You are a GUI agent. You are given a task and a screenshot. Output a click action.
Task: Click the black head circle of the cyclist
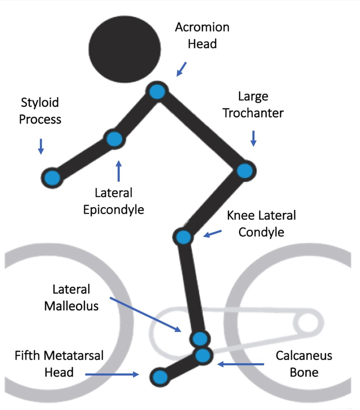pos(125,49)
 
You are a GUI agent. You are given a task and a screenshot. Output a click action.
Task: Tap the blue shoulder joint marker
pos(157,92)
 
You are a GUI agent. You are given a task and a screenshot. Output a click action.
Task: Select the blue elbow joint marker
pos(114,139)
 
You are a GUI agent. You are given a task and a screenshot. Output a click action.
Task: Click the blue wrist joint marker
pos(52,177)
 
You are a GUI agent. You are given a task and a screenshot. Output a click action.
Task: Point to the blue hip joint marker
pos(245,170)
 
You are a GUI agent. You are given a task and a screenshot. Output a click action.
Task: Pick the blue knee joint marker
pos(183,237)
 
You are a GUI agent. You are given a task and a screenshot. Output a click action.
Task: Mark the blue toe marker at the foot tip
pos(160,377)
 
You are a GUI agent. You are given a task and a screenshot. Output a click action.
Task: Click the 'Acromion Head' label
pos(202,35)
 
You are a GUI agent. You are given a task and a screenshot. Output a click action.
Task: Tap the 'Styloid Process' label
pos(40,111)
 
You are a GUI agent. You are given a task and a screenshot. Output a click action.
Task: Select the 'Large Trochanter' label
pos(253,104)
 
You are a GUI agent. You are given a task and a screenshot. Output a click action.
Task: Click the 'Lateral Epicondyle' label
pos(114,201)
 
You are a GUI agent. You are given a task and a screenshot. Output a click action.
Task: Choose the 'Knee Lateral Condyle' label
pos(261,224)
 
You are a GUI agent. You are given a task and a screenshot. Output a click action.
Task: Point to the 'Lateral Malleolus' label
pos(71,298)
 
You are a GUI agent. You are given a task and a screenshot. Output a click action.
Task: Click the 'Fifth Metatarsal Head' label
pos(59,364)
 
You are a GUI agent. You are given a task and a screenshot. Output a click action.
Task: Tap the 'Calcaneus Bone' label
pos(304,364)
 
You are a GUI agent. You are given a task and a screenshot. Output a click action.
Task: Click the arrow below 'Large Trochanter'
pos(253,138)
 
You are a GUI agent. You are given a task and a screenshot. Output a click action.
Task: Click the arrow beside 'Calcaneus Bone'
pos(241,364)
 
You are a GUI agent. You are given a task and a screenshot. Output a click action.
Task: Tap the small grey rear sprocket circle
pos(307,322)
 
